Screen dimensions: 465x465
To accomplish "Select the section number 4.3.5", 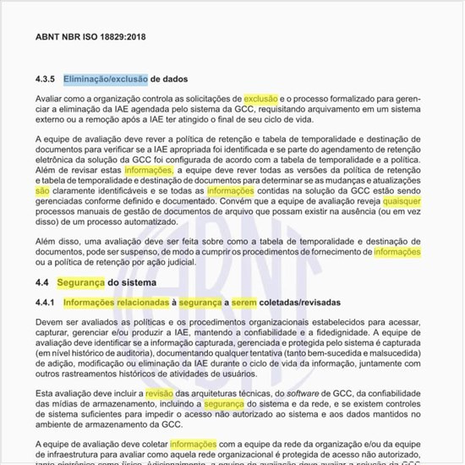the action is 46,80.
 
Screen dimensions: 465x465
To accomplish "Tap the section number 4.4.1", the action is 46,302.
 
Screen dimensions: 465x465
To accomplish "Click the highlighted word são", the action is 42,192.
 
